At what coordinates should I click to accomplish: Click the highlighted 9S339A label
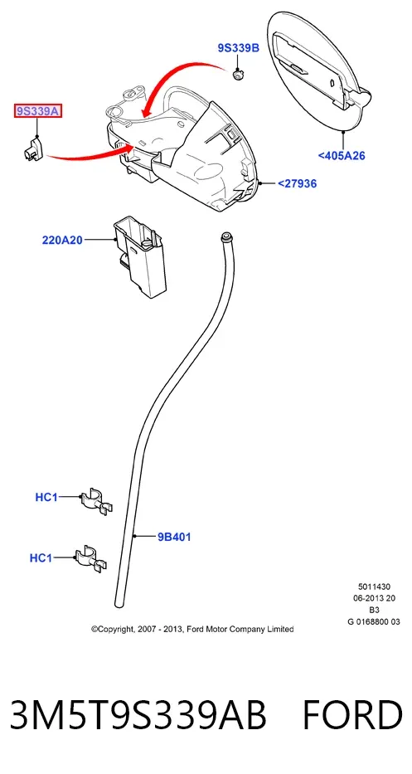[38, 111]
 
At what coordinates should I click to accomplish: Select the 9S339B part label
[238, 47]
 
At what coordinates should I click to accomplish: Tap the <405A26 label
[342, 155]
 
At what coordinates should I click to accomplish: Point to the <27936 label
[297, 183]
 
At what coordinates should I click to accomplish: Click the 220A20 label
[62, 241]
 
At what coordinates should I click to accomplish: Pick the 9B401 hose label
[174, 537]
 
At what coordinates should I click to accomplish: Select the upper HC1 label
[46, 497]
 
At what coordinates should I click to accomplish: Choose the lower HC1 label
[41, 557]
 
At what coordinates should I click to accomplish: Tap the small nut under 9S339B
[239, 75]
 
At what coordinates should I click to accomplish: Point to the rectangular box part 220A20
[140, 258]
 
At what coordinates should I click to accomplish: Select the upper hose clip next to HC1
[96, 501]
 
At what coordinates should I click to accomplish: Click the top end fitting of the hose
[226, 236]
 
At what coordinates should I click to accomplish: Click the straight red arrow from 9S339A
[89, 155]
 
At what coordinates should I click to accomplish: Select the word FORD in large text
[351, 714]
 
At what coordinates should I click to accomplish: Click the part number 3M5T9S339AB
[138, 714]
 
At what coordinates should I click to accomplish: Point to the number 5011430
[374, 587]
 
